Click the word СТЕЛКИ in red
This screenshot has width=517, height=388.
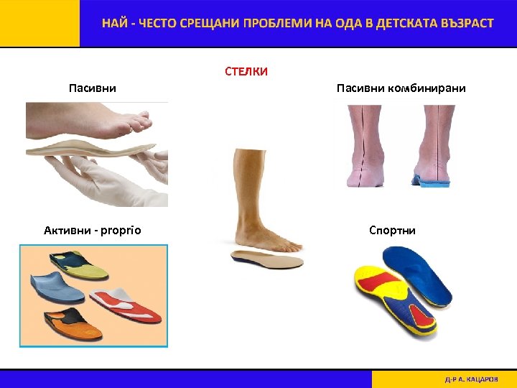click(246, 71)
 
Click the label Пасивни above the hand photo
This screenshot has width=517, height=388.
click(93, 88)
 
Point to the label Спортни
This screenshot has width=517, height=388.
click(392, 231)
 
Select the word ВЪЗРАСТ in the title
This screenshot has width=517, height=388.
click(462, 23)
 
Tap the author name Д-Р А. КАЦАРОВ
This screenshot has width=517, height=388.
click(471, 379)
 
